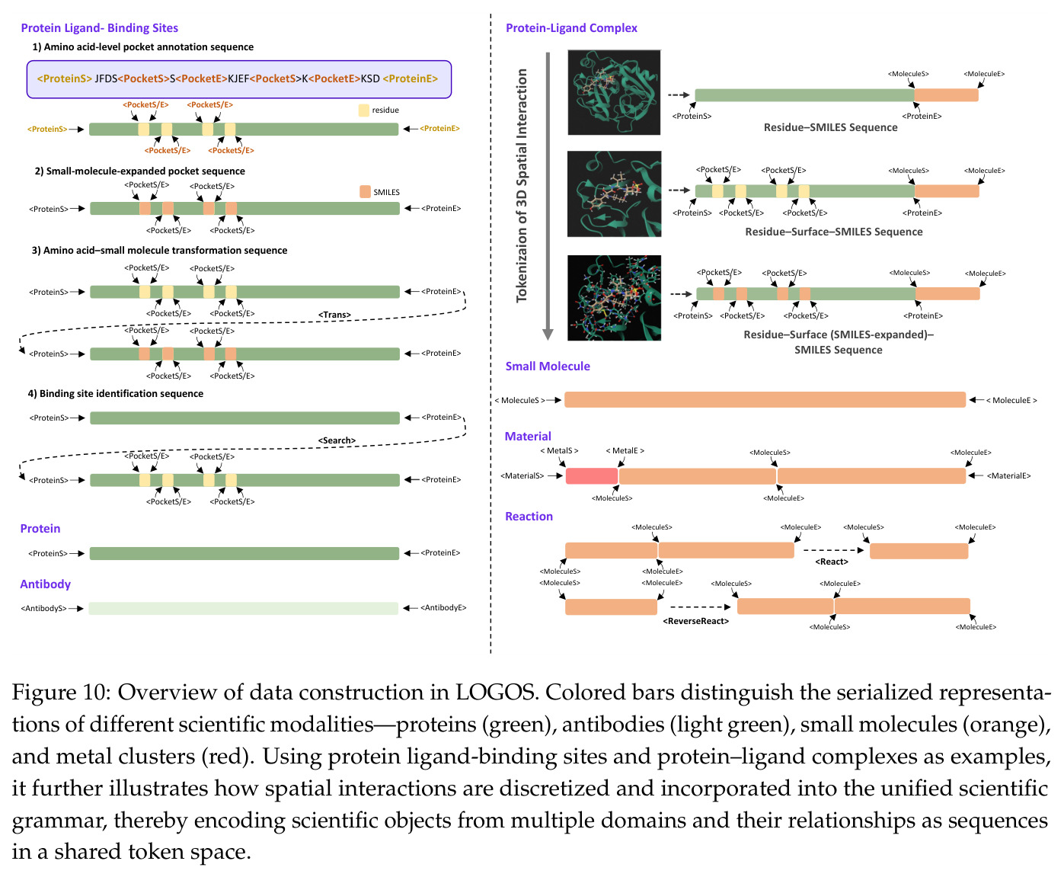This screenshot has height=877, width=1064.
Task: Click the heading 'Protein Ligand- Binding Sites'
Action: coord(99,27)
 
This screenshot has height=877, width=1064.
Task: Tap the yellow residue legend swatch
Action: coord(363,110)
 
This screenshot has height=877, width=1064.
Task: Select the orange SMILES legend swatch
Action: coord(365,192)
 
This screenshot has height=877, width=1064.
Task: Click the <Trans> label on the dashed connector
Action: coord(335,315)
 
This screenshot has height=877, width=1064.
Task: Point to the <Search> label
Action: coord(337,440)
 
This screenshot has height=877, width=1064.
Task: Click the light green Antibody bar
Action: coord(243,608)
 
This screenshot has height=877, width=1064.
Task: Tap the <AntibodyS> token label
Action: coord(44,608)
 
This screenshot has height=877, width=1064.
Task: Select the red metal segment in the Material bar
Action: coord(592,475)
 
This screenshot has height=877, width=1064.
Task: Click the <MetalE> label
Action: coord(625,451)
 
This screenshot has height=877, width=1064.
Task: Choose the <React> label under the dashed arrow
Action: coord(832,562)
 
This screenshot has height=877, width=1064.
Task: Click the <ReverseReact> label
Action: coord(695,620)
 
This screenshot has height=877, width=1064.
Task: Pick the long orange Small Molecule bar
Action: coord(765,400)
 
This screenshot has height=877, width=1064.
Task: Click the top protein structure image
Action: coord(614,92)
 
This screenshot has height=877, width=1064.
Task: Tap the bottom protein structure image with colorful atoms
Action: coord(614,298)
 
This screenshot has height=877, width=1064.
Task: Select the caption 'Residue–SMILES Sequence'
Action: coord(831,127)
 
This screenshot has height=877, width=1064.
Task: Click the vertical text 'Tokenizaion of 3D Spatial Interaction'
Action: coord(521,186)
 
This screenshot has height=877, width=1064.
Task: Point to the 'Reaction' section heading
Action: coord(529,516)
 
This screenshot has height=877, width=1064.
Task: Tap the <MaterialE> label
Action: coord(1008,475)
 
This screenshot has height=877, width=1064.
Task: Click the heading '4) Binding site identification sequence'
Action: coord(116,394)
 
